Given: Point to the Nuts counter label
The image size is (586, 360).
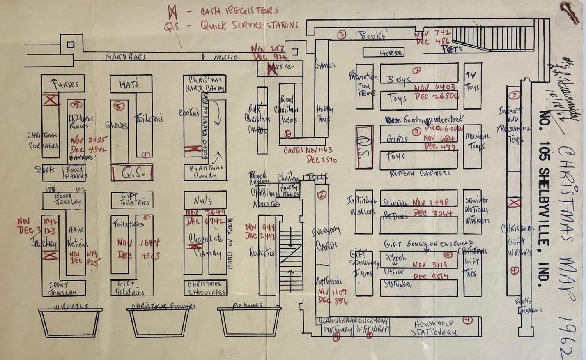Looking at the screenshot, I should coord(204,200).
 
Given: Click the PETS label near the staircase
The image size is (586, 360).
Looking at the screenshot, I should coord(452,49).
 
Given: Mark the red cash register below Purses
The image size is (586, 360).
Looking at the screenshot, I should coord(51,100).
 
